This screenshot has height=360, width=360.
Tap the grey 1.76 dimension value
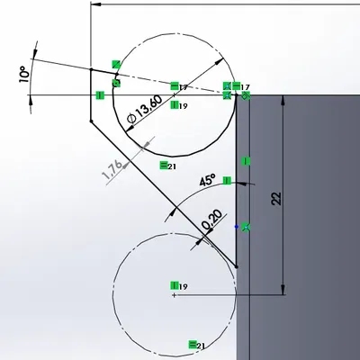click(112, 171)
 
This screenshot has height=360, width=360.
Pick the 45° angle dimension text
click(207, 180)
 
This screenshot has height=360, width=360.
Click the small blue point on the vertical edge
click(236, 226)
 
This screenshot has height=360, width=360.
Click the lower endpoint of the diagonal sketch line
click(237, 266)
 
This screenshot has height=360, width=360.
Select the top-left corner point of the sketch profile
click(92, 67)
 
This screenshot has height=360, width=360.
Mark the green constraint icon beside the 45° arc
click(247, 227)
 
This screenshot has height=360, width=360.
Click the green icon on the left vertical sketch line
click(99, 94)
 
